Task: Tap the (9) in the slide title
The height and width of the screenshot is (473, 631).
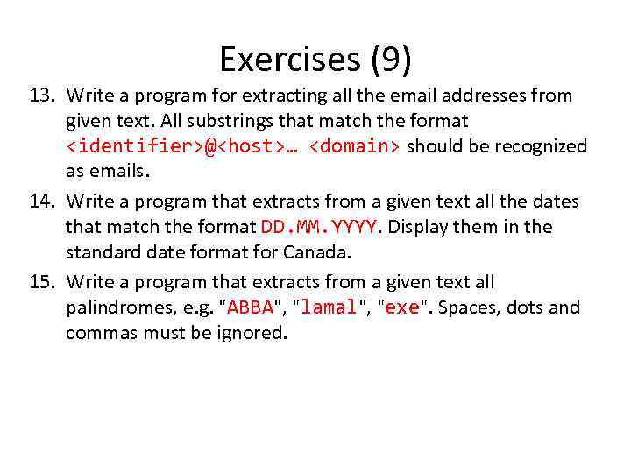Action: [390, 60]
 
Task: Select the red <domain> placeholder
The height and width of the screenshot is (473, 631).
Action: [355, 145]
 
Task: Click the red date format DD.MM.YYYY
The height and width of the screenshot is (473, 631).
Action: [319, 227]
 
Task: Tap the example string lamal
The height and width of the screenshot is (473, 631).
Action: [330, 308]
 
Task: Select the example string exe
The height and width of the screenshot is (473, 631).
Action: [402, 308]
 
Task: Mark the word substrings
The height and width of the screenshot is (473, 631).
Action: [193, 120]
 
